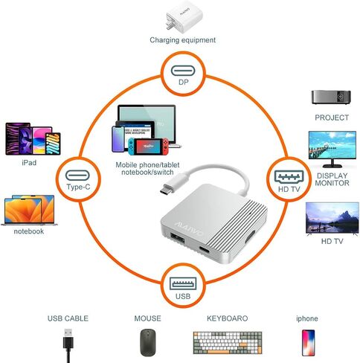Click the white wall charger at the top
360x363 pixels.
click(x=184, y=18)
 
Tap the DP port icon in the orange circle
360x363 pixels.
click(x=183, y=71)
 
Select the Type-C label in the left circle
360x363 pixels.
click(x=78, y=187)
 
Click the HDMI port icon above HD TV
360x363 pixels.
click(x=289, y=177)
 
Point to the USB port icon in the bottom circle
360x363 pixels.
click(x=183, y=283)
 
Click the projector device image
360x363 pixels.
click(x=331, y=97)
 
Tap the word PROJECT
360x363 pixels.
click(x=332, y=118)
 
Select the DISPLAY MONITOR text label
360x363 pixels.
click(x=332, y=179)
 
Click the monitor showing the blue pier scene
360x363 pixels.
click(x=332, y=150)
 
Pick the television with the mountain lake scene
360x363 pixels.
click(x=332, y=218)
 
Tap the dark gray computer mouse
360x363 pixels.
click(x=148, y=342)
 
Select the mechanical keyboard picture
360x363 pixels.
click(x=228, y=343)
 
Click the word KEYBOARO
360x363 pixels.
click(x=228, y=318)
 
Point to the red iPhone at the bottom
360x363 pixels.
click(x=308, y=343)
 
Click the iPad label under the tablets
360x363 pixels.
click(x=29, y=163)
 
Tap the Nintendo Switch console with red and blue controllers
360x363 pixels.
click(x=148, y=147)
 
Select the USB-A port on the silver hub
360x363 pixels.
click(x=177, y=239)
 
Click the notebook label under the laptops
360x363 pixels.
click(x=29, y=231)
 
